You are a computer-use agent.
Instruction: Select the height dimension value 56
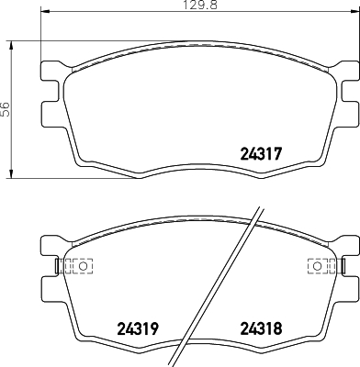[6, 108]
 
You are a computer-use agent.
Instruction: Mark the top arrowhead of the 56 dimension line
[12, 44]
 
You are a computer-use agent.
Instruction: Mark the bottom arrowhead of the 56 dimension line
[12, 174]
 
